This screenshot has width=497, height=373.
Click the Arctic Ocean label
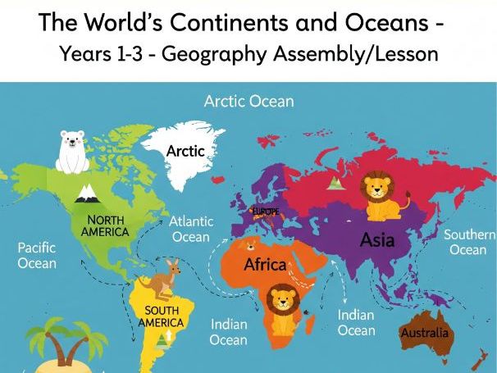[248, 102]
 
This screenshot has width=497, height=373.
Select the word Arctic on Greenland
[185, 151]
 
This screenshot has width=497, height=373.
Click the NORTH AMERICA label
[105, 225]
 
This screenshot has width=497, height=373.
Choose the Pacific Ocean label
[37, 254]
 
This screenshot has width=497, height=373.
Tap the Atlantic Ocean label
[191, 229]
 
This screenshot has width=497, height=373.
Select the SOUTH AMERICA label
[161, 316]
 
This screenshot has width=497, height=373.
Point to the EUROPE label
[265, 212]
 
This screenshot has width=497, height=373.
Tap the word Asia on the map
[377, 240]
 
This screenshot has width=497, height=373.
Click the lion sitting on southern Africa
[282, 309]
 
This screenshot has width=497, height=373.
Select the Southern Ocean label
[469, 242]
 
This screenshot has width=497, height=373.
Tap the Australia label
[424, 333]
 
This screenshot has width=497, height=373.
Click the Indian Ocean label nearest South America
[228, 331]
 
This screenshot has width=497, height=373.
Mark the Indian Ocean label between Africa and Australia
[357, 322]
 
